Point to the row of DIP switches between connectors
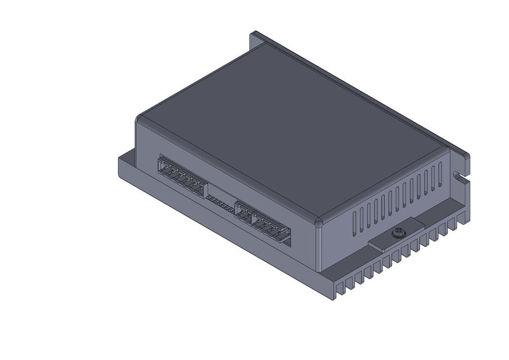[221, 204]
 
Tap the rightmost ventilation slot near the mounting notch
[440, 173]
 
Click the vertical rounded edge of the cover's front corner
[318, 247]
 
